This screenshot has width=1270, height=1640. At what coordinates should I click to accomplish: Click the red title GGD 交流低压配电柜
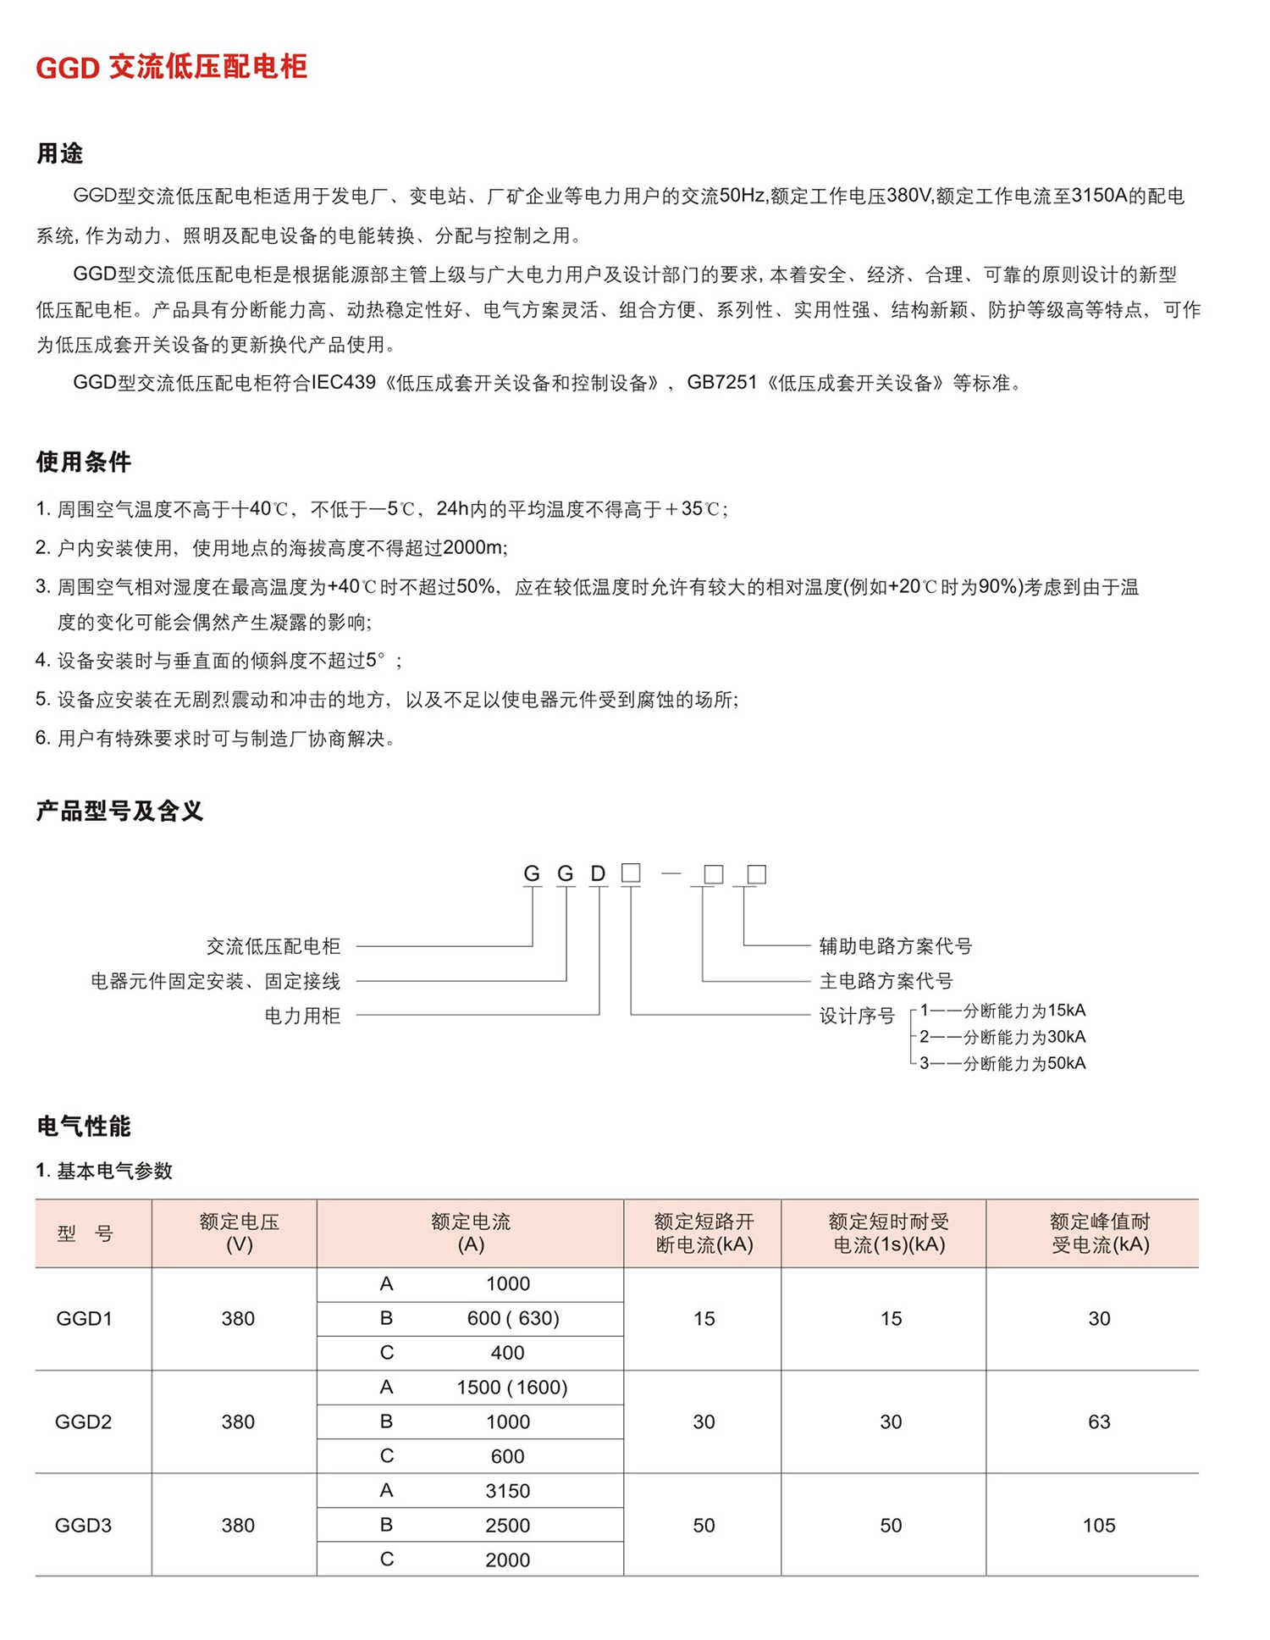[x=171, y=67]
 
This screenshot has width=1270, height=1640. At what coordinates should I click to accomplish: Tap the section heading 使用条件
[x=83, y=462]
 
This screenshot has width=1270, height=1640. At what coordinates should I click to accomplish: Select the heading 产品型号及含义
[x=119, y=811]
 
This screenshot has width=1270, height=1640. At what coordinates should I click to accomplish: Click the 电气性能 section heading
[x=83, y=1126]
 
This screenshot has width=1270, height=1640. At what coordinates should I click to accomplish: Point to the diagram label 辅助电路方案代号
[x=895, y=945]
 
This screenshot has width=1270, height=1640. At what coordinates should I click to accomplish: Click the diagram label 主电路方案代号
[x=886, y=981]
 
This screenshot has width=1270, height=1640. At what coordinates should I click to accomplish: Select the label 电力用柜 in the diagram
[x=302, y=1016]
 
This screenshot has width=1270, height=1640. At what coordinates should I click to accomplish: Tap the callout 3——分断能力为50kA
[x=1002, y=1063]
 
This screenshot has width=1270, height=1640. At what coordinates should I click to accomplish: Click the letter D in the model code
[x=598, y=873]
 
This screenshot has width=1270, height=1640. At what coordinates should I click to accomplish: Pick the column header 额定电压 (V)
[x=239, y=1233]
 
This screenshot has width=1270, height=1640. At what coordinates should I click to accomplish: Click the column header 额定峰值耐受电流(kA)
[x=1099, y=1233]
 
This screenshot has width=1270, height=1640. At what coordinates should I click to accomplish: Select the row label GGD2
[x=83, y=1421]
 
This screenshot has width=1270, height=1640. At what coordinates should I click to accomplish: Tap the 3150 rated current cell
[x=507, y=1491]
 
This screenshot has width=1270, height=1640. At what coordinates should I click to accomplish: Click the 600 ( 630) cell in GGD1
[x=512, y=1318]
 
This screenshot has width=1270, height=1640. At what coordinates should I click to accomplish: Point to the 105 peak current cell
[x=1098, y=1526]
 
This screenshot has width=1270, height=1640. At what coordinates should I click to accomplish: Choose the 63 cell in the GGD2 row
[x=1098, y=1421]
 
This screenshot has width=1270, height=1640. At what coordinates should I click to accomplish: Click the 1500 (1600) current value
[x=511, y=1387]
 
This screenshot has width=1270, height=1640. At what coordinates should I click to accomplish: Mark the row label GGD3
[x=83, y=1526]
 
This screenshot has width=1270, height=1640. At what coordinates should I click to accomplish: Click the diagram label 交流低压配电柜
[x=273, y=945]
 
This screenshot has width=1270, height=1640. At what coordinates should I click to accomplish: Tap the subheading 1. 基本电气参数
[x=104, y=1171]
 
